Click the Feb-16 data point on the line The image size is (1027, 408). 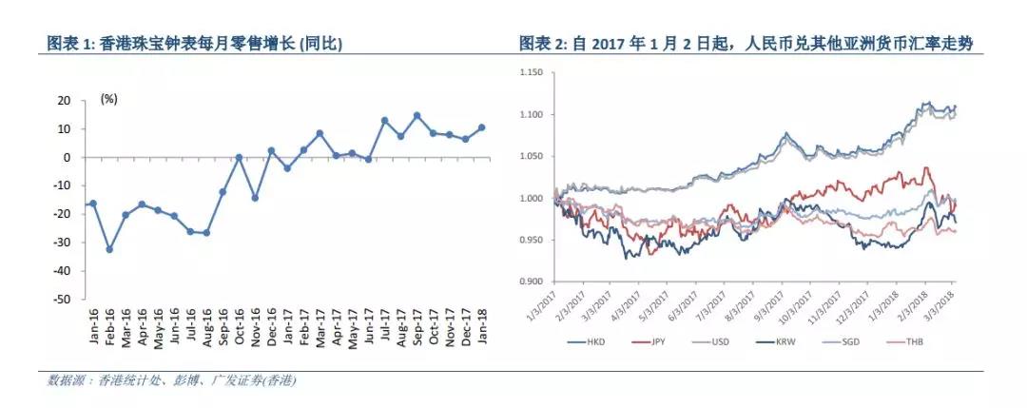click(x=109, y=249)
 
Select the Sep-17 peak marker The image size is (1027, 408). click(x=417, y=116)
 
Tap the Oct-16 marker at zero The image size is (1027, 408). click(x=239, y=157)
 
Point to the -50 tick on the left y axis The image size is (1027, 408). click(x=65, y=299)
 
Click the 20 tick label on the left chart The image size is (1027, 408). click(x=66, y=100)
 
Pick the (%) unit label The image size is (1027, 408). click(x=108, y=99)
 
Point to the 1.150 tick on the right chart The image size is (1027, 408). click(x=529, y=72)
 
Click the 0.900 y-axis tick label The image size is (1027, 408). click(x=529, y=282)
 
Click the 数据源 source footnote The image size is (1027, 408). click(x=171, y=380)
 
